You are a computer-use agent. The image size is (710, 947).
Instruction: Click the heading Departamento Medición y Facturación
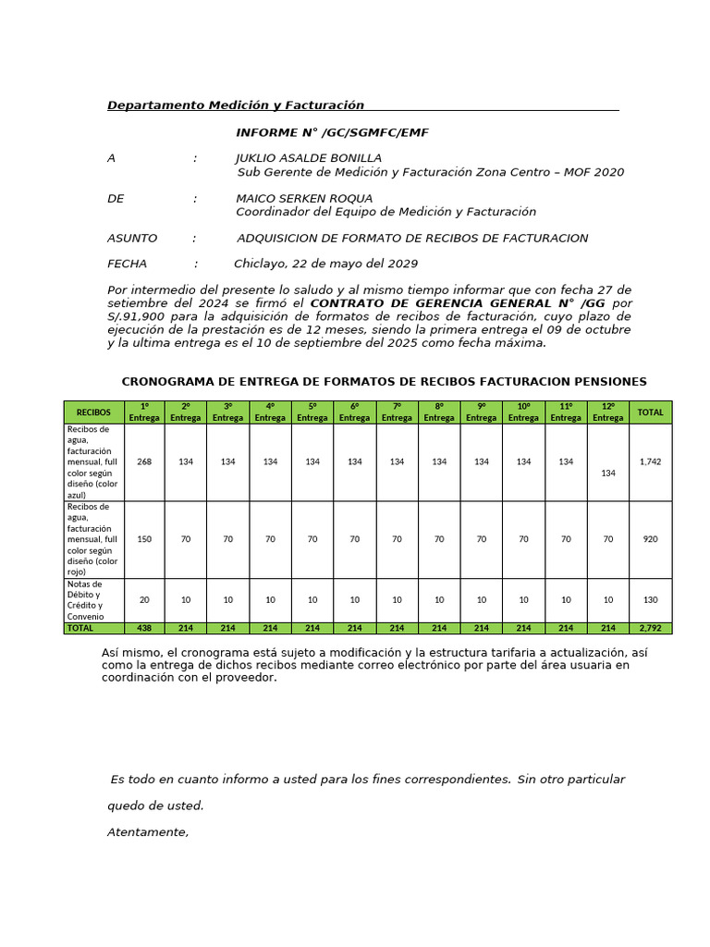(236, 105)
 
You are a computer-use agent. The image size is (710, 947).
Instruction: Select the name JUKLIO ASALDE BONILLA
(308, 158)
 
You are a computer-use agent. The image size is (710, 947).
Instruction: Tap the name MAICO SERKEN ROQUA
(304, 199)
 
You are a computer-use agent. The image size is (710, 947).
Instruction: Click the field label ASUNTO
(132, 239)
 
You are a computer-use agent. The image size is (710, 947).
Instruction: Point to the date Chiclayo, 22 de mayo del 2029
(325, 264)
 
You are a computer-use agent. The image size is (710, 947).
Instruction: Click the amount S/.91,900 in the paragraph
(139, 316)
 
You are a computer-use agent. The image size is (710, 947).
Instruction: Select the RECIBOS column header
(93, 412)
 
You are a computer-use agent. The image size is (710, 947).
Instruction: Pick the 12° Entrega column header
(607, 412)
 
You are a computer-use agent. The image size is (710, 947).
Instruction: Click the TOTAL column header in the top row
(650, 412)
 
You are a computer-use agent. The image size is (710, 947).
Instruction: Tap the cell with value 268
(144, 461)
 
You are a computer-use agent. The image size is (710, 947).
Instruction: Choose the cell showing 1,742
(650, 461)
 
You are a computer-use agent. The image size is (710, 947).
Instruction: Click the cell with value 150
(144, 539)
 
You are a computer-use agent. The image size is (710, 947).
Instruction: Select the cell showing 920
(650, 539)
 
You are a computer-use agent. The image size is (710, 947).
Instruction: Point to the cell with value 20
(144, 600)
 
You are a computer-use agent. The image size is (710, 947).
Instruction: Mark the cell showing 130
(650, 600)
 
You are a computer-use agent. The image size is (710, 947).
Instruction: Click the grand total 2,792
(650, 628)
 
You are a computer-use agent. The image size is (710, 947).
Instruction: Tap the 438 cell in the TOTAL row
(144, 628)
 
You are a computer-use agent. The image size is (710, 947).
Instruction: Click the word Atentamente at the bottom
(148, 832)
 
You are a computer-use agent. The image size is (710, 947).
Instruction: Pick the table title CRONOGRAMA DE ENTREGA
(384, 382)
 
